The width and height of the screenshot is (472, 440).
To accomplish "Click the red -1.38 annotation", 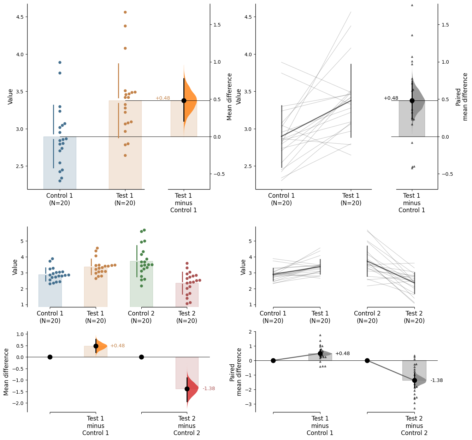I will click(209, 388).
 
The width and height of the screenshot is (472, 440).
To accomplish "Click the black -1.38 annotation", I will click(437, 381).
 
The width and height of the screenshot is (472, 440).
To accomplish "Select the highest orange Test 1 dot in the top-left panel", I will click(125, 12).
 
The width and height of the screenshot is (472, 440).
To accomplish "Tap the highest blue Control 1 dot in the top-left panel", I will click(60, 62).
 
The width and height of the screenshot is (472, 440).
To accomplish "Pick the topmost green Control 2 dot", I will click(144, 230).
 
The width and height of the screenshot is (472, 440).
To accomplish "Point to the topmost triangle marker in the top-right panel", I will click(412, 5).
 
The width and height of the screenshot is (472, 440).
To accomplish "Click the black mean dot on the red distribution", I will click(187, 389).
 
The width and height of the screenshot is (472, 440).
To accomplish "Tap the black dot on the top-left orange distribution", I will click(184, 100).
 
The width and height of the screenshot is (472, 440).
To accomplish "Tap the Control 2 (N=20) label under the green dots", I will click(141, 317).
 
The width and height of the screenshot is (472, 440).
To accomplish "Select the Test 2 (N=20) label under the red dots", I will click(187, 317).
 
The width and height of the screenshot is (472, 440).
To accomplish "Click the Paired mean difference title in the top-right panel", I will click(462, 97).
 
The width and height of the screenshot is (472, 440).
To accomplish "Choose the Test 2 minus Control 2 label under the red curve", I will click(187, 425).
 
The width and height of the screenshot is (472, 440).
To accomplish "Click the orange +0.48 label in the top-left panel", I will click(163, 98).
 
